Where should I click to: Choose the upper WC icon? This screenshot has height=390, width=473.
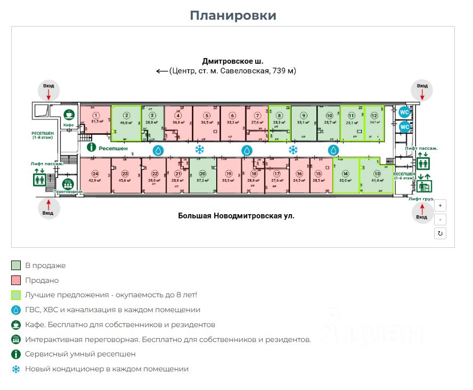coord(404,112)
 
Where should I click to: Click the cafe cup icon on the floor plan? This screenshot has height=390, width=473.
coord(68,114)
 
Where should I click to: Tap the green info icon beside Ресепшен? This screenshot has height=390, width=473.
coord(91,148)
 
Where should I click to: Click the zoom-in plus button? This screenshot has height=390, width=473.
coord(440,205)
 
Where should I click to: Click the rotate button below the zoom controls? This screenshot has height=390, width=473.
coord(440,233)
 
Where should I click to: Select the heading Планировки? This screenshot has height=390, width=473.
coord(233,15)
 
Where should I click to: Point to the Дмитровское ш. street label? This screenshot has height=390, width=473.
coord(233,61)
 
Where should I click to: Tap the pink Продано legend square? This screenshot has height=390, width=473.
coord(16,280)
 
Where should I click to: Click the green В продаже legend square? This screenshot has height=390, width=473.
coord(16,265)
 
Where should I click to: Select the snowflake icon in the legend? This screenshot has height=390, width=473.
coord(16,369)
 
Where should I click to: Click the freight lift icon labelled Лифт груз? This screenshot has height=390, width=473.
coord(424,185)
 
